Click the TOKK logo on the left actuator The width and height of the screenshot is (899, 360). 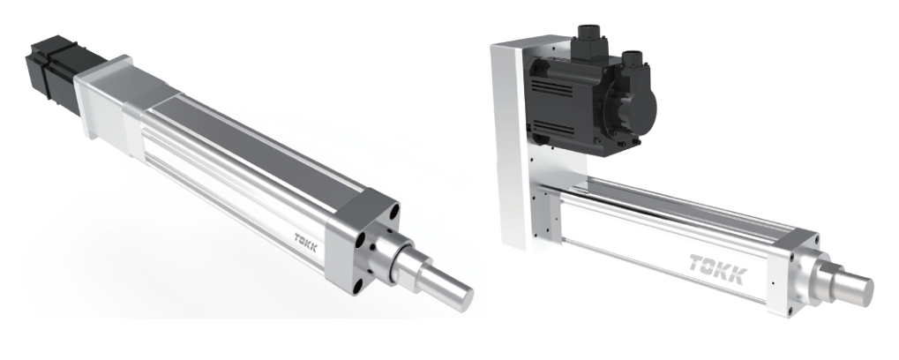click(x=305, y=242)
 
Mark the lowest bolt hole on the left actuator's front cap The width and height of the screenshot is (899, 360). click(x=358, y=284)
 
